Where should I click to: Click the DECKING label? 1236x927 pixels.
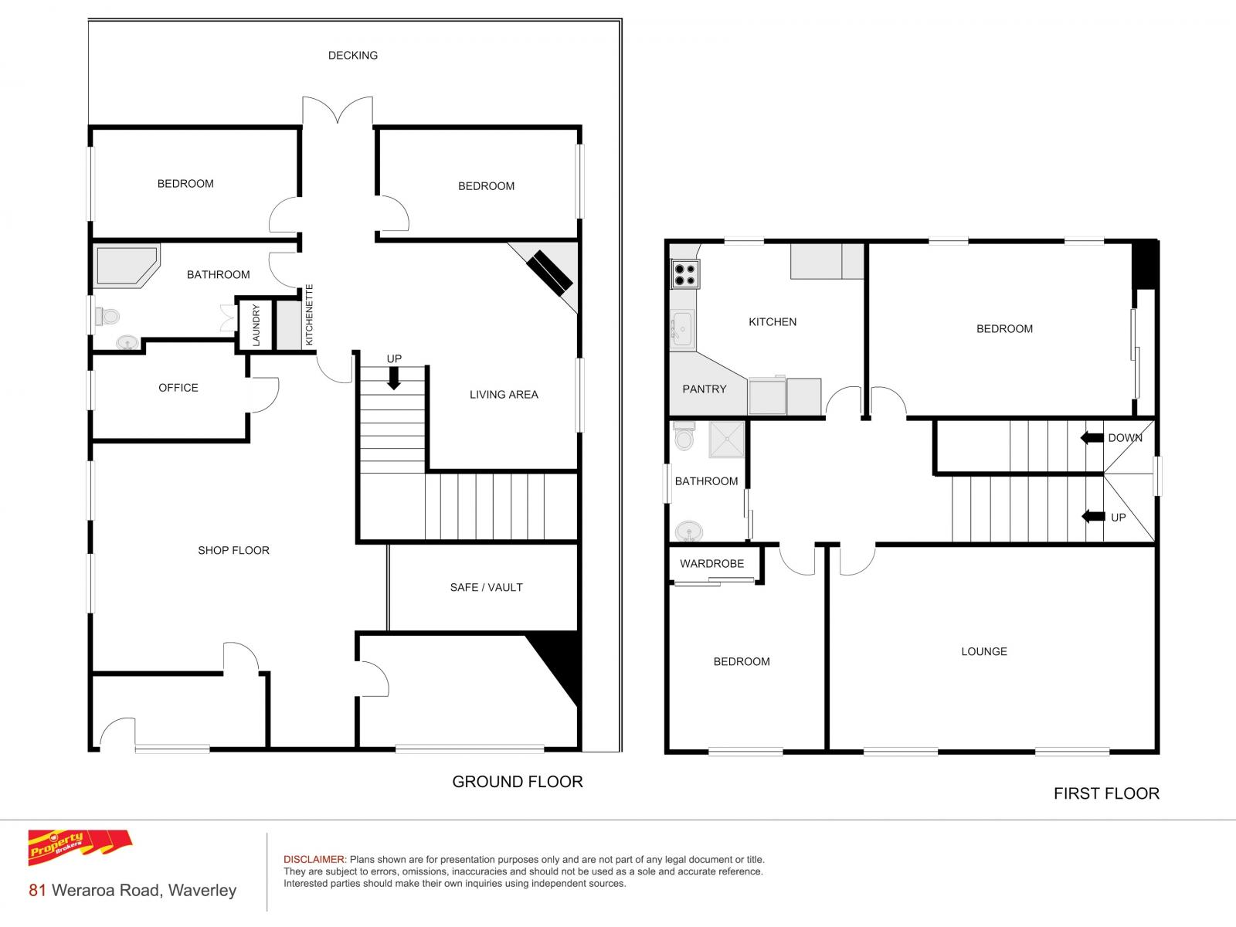click(x=353, y=55)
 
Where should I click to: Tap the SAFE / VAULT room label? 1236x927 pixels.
click(x=487, y=588)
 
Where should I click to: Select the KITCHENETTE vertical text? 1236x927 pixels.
click(x=309, y=314)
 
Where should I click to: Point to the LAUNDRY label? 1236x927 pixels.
click(x=256, y=325)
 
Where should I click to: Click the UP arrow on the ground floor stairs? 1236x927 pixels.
click(x=394, y=379)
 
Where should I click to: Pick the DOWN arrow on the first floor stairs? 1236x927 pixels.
click(x=1092, y=438)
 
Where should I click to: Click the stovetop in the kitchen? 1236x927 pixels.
click(x=685, y=274)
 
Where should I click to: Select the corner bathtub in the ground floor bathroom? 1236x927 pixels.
click(x=127, y=266)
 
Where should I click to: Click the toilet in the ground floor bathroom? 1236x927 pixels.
click(x=107, y=316)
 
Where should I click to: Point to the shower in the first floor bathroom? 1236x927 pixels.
click(x=726, y=439)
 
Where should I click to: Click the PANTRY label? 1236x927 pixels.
click(x=705, y=389)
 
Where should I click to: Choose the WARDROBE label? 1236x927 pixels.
click(x=711, y=563)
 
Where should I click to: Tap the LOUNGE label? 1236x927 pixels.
click(x=984, y=651)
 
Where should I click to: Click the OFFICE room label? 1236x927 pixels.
click(x=178, y=388)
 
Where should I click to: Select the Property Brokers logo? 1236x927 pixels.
click(x=80, y=847)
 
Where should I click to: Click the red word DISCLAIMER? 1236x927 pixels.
click(x=314, y=860)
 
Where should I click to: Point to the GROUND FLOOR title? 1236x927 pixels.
click(x=518, y=782)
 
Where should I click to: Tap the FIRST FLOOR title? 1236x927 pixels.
click(x=1106, y=793)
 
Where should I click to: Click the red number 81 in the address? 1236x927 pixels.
click(x=37, y=891)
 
